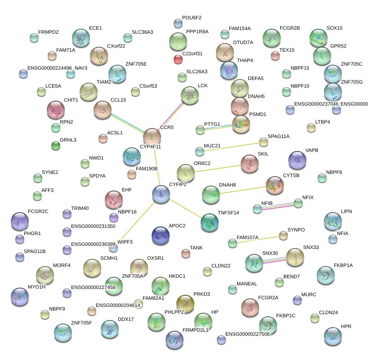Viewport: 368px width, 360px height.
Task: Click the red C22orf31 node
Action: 178,59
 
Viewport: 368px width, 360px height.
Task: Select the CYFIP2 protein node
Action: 161,194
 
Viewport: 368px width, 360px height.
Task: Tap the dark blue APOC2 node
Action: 161,235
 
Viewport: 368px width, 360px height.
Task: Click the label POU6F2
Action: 192,18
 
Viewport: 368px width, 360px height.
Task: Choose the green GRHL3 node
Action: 56,145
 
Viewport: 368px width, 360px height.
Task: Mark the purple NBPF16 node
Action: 114,218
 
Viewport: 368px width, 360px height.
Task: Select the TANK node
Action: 186,253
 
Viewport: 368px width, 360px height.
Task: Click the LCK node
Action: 190,95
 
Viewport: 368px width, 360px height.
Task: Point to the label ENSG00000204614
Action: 118,306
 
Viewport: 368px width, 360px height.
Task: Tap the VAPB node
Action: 297,160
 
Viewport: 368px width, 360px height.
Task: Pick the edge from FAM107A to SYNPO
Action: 258,239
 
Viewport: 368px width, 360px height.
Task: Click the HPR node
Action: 332,336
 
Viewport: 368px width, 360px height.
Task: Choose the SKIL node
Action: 250,164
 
